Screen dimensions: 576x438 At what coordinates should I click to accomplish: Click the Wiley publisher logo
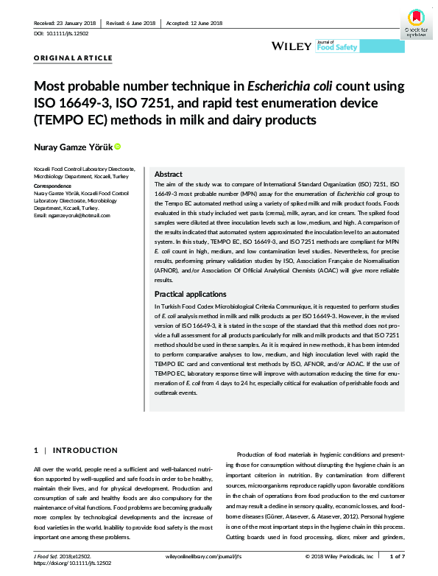[x=292, y=46]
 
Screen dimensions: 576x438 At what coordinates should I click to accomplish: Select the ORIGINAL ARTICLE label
[x=73, y=57]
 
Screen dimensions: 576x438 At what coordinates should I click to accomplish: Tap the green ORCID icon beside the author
[x=117, y=147]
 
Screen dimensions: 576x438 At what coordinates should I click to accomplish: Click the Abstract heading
[x=169, y=175]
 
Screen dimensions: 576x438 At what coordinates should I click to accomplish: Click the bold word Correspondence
[x=56, y=187]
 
